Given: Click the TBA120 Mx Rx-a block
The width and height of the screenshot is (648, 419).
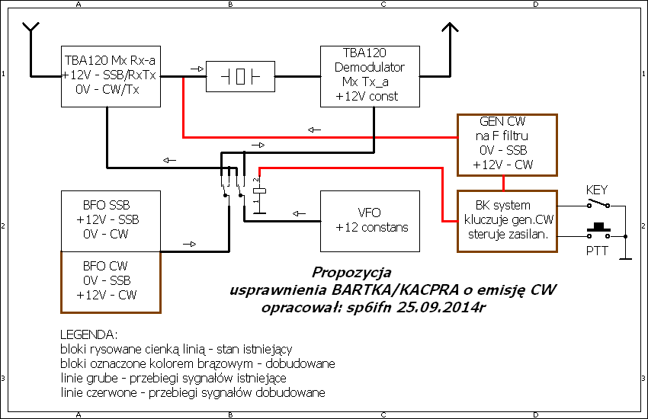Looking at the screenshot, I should click(111, 75).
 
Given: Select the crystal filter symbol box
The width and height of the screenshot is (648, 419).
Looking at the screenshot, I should click(241, 76).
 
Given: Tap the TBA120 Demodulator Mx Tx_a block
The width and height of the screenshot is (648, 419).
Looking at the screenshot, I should click(371, 75).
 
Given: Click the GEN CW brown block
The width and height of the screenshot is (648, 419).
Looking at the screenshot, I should click(507, 145).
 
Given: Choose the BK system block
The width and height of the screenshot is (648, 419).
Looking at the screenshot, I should click(507, 219).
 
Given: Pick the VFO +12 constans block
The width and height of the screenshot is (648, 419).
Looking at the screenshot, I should click(370, 220).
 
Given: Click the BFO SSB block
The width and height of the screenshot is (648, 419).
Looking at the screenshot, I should click(111, 220).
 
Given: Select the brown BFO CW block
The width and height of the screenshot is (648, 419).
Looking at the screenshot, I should click(111, 282).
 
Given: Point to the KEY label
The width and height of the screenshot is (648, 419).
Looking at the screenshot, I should click(597, 190).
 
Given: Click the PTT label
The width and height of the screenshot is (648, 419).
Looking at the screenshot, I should click(597, 250).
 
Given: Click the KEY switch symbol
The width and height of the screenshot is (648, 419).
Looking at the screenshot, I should click(598, 204).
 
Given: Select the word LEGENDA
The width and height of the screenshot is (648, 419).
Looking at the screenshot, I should click(88, 335).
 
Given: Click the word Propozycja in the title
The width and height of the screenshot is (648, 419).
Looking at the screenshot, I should click(351, 272).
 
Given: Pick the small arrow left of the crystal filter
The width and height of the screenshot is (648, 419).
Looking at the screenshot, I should click(197, 69).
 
